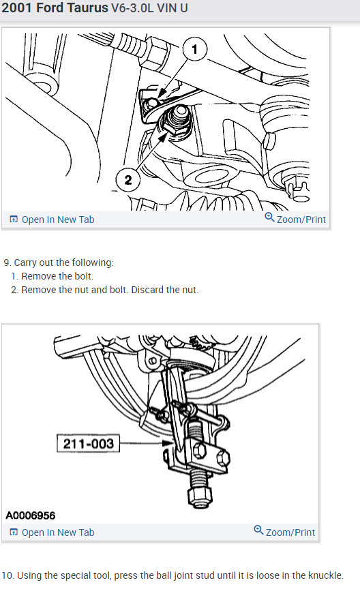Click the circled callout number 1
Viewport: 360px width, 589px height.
click(x=194, y=49)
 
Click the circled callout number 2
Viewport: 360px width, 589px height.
click(x=128, y=179)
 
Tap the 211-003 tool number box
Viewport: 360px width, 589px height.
click(x=89, y=444)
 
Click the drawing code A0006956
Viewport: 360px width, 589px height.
click(x=31, y=515)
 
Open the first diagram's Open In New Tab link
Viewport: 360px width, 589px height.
click(x=52, y=220)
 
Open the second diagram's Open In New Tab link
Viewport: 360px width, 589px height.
click(x=52, y=532)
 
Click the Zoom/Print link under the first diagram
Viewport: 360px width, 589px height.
click(x=295, y=219)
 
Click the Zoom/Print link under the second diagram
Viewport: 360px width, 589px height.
click(x=284, y=532)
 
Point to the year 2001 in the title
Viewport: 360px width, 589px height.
click(x=17, y=8)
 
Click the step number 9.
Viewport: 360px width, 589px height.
click(x=7, y=262)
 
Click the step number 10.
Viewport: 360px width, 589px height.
click(x=7, y=575)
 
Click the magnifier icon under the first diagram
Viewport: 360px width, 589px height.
click(x=269, y=217)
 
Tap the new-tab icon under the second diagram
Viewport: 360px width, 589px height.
click(x=14, y=532)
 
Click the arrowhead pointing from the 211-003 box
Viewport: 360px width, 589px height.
click(x=168, y=443)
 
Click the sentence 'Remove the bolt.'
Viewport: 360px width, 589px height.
click(x=57, y=277)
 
